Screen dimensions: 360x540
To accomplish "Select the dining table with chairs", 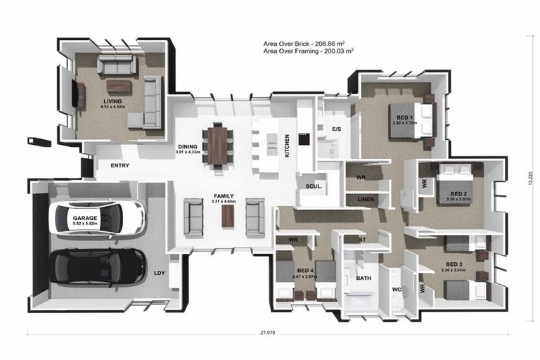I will click(218, 145).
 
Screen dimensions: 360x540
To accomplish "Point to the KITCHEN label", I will click(287, 146).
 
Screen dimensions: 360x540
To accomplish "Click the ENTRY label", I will click(120, 166).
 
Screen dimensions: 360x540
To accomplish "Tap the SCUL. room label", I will click(314, 186).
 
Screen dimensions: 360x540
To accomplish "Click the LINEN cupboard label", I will click(366, 200).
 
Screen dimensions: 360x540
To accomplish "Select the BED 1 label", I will click(404, 117).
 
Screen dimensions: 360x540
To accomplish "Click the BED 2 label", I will click(458, 194).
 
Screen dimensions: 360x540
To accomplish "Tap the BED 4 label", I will click(305, 271).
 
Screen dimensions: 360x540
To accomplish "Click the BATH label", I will click(364, 278).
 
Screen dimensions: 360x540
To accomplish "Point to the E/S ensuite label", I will click(336, 129).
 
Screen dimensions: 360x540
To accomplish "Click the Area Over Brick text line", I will click(308, 44).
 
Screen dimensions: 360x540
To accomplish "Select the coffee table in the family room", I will click(228, 215).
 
